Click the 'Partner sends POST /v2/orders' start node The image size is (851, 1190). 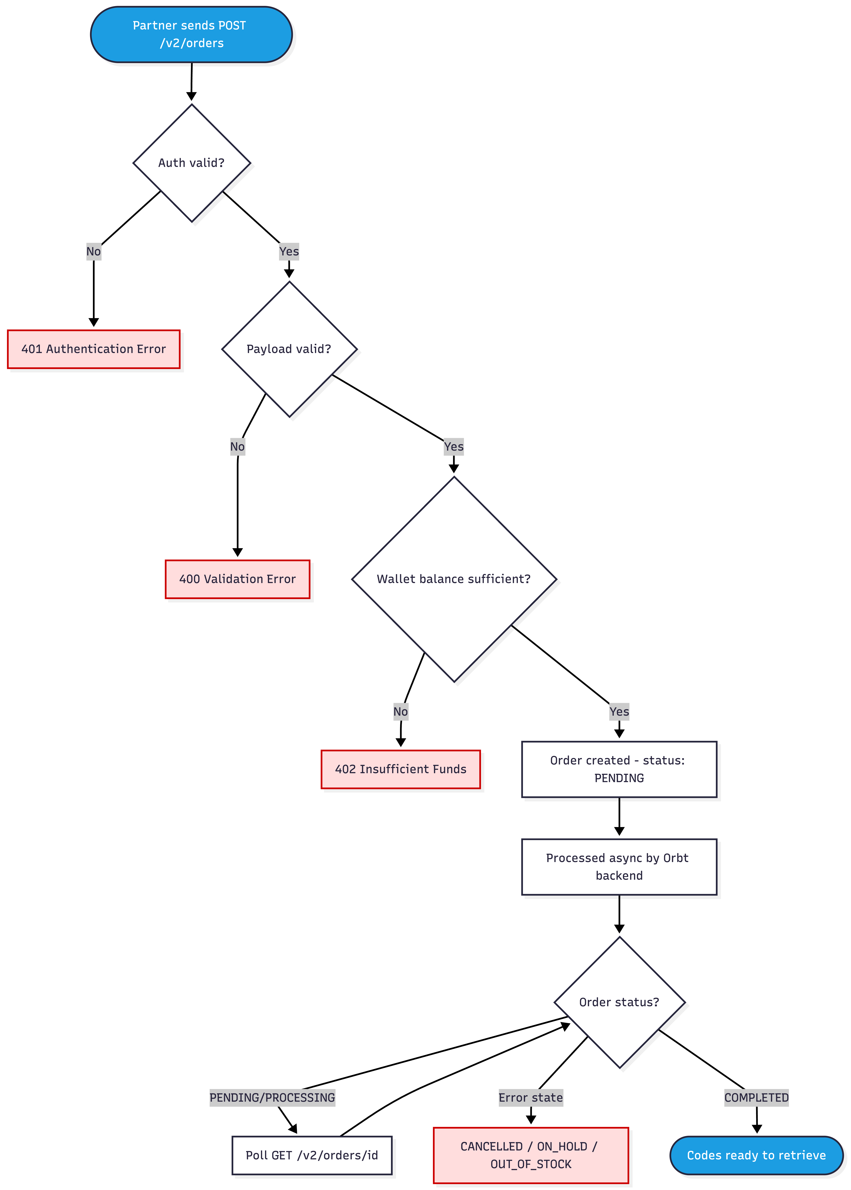click(191, 35)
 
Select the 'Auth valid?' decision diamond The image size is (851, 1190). click(192, 163)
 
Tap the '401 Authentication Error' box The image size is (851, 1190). click(94, 349)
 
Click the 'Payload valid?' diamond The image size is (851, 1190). click(289, 349)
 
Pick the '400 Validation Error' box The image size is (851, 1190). click(237, 579)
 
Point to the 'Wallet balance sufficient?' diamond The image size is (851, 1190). click(454, 579)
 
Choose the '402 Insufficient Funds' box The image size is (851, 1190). click(401, 769)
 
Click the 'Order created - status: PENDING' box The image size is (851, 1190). click(619, 769)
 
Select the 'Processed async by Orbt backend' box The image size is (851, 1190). click(619, 867)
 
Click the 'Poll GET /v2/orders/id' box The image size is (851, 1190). click(312, 1155)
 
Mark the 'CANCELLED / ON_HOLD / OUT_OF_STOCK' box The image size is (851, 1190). click(531, 1155)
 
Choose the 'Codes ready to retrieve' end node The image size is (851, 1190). click(757, 1155)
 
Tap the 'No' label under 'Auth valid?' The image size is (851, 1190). click(94, 252)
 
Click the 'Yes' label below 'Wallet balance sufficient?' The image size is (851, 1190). click(619, 712)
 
